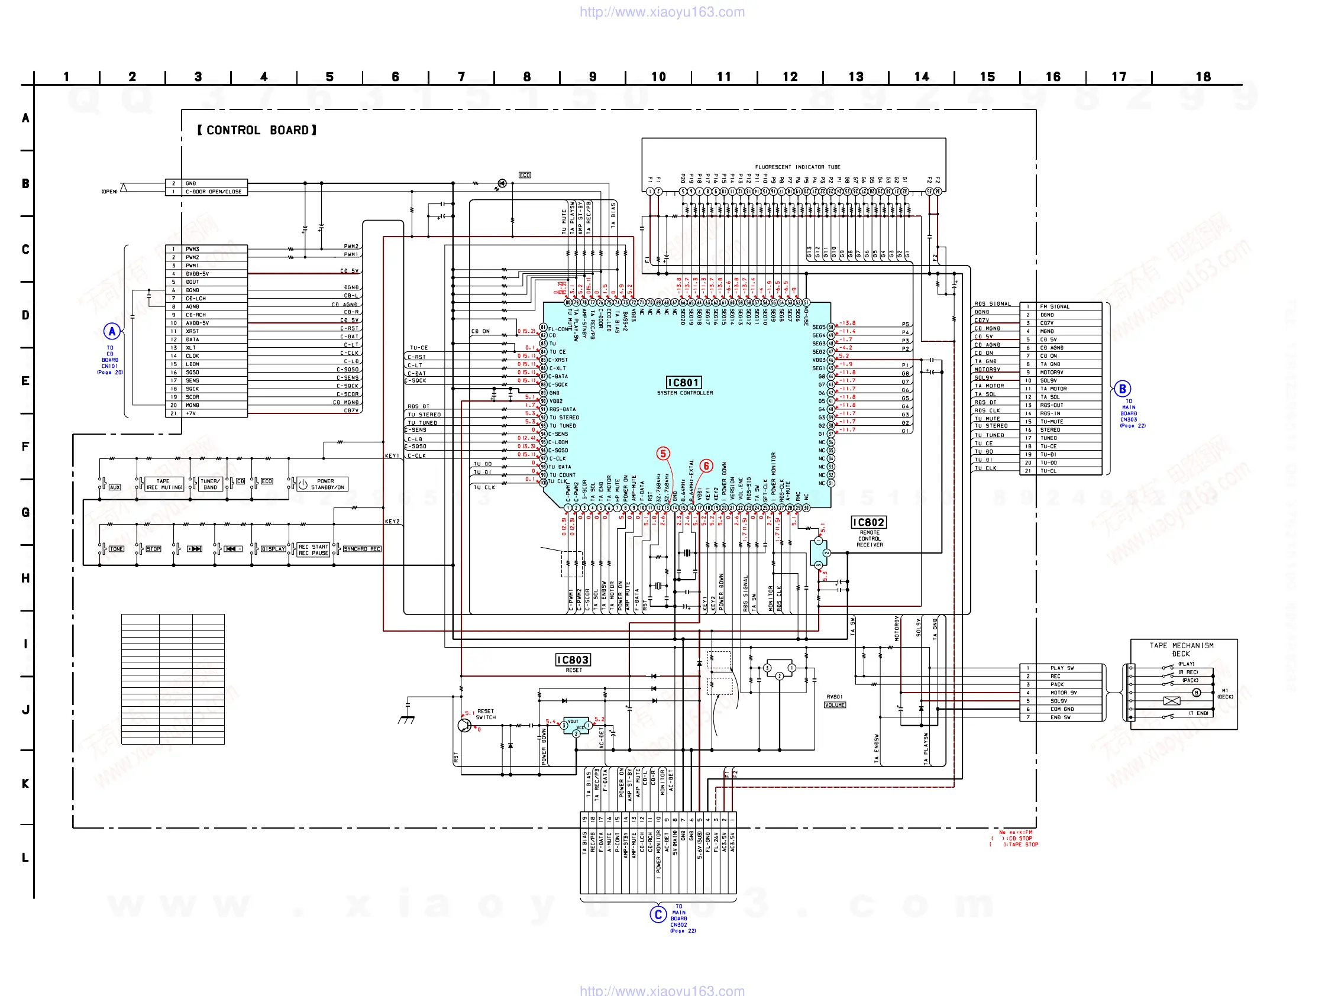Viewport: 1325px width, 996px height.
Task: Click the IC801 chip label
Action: point(683,383)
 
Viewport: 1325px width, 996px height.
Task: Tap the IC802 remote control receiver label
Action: point(868,522)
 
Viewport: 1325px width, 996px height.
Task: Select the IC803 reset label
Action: point(573,660)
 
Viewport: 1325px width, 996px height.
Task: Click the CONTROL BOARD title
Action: point(257,130)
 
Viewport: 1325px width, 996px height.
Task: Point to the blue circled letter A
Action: point(112,331)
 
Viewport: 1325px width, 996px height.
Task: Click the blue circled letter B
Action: point(1122,389)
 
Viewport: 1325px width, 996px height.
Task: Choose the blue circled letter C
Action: point(658,914)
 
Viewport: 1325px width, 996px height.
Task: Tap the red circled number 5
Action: point(662,454)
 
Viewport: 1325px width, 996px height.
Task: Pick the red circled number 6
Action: point(706,465)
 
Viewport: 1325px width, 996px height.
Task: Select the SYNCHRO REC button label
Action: point(362,549)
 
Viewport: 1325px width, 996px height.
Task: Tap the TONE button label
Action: point(116,549)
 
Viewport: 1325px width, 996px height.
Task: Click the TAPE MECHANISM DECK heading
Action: point(1181,649)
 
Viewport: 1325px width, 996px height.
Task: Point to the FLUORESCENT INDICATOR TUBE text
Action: point(797,167)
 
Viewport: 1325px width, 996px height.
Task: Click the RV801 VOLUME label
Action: point(835,701)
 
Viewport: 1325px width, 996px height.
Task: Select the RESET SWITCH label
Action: point(486,714)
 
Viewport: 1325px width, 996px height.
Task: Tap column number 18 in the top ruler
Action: point(1203,77)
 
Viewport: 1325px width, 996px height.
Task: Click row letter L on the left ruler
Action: point(25,857)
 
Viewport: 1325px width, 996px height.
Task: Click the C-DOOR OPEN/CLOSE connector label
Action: point(214,192)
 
